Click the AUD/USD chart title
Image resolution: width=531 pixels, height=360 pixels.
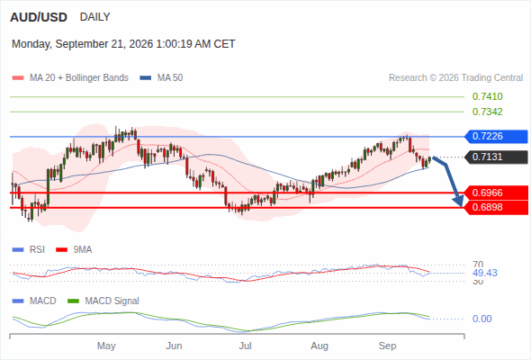click(39, 17)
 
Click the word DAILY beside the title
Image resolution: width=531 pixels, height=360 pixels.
click(94, 17)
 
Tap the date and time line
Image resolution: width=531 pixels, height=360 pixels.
click(123, 44)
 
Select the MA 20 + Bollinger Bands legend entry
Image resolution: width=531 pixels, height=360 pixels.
click(70, 78)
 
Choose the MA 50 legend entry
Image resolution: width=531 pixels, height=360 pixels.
click(161, 78)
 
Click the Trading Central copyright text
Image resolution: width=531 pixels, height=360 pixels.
click(455, 78)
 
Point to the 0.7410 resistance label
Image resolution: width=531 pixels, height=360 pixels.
click(487, 97)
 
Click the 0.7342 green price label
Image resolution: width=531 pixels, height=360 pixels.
click(487, 112)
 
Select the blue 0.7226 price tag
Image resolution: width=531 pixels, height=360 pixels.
click(496, 137)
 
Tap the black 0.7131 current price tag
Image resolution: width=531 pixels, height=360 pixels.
click(496, 157)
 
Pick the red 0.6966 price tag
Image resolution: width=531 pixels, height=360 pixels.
click(496, 193)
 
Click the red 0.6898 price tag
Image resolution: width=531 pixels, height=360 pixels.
click(496, 207)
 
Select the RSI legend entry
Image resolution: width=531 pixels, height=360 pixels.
click(29, 250)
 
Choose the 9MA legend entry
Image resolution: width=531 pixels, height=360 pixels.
click(74, 250)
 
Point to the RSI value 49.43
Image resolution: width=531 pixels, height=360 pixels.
click(485, 274)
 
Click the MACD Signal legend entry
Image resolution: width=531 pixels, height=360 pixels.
click(103, 301)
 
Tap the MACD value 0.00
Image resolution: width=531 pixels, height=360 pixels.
click(481, 319)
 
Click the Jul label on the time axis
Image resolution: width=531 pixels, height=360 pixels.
click(245, 346)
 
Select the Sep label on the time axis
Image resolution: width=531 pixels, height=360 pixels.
click(387, 346)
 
